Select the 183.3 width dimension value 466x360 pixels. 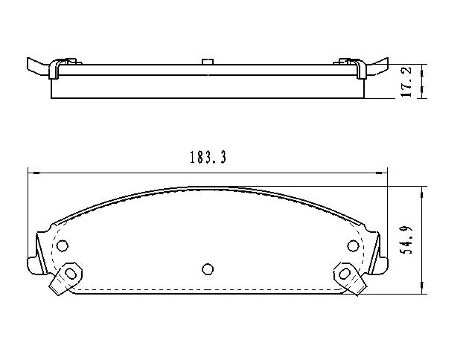[208, 158]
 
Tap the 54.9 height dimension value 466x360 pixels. [406, 238]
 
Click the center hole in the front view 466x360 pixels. [208, 269]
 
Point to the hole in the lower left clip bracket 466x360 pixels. [70, 274]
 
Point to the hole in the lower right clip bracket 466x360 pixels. [345, 274]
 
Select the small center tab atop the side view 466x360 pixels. [208, 61]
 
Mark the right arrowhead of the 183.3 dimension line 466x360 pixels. [386, 172]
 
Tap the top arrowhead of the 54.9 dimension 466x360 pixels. [422, 189]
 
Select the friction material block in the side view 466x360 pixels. [208, 87]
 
